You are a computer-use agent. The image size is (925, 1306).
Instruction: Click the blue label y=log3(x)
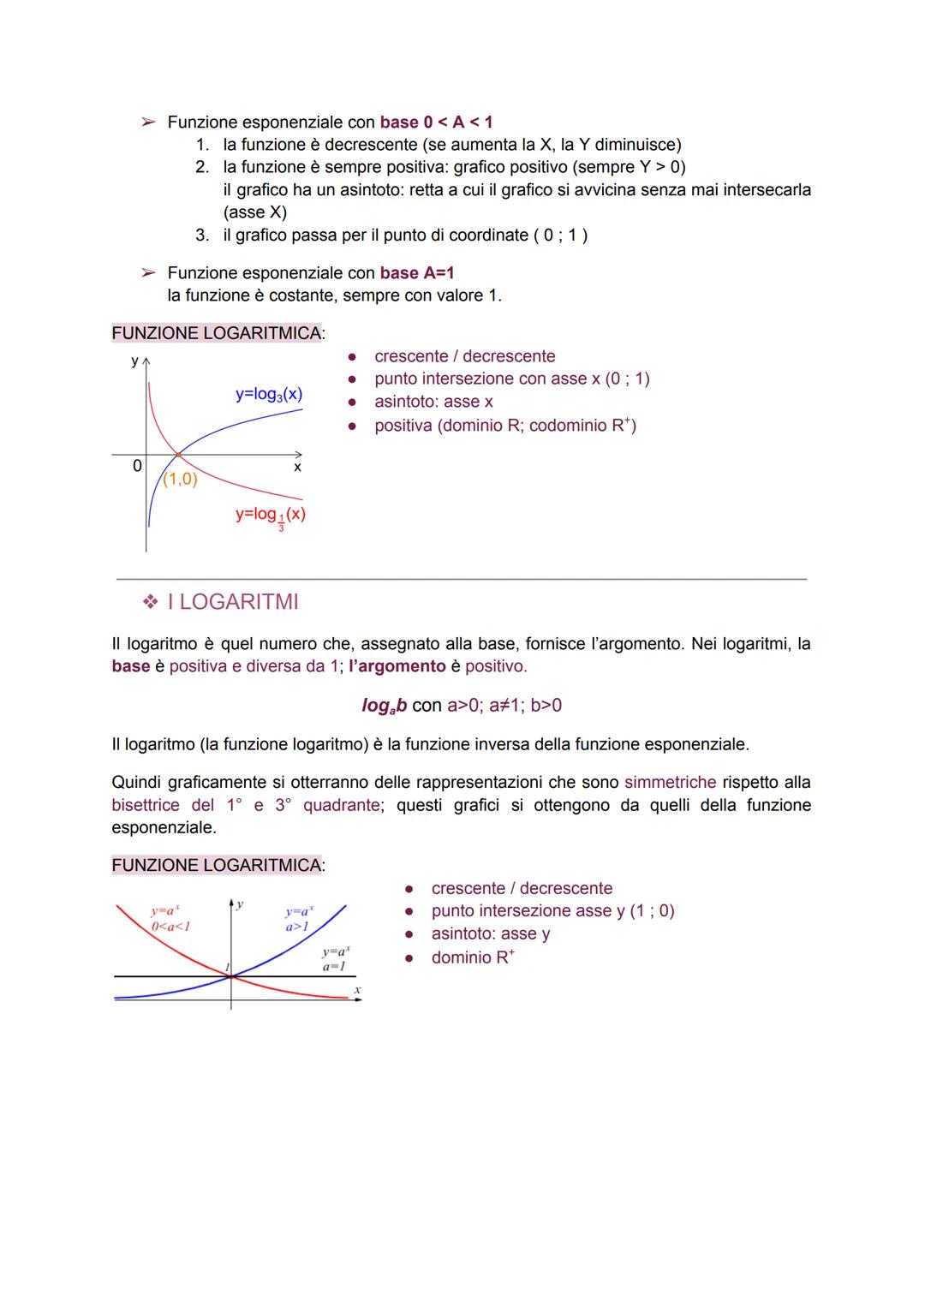[268, 395]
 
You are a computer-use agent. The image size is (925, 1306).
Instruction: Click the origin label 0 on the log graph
[136, 466]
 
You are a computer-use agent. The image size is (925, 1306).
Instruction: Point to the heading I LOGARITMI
[233, 602]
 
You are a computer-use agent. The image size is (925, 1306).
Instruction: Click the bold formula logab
[384, 706]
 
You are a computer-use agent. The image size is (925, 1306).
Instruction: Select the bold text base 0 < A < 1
[436, 122]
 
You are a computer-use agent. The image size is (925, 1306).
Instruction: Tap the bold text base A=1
[417, 273]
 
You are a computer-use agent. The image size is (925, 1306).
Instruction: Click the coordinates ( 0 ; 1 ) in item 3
[560, 236]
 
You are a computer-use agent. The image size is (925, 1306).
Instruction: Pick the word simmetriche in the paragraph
[670, 783]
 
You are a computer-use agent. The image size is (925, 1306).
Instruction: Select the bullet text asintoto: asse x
[433, 402]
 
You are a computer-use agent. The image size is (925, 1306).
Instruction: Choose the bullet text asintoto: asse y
[490, 934]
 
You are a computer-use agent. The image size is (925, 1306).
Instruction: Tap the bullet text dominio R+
[473, 957]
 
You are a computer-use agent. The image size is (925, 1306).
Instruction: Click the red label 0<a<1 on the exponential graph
[170, 926]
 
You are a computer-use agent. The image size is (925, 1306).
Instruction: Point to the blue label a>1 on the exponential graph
[297, 927]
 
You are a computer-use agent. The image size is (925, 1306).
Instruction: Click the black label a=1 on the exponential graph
[333, 966]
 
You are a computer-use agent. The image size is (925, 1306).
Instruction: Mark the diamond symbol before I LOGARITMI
[151, 603]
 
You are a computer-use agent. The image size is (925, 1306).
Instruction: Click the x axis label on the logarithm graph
[297, 468]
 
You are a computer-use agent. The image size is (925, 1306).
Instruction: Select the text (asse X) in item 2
[254, 212]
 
